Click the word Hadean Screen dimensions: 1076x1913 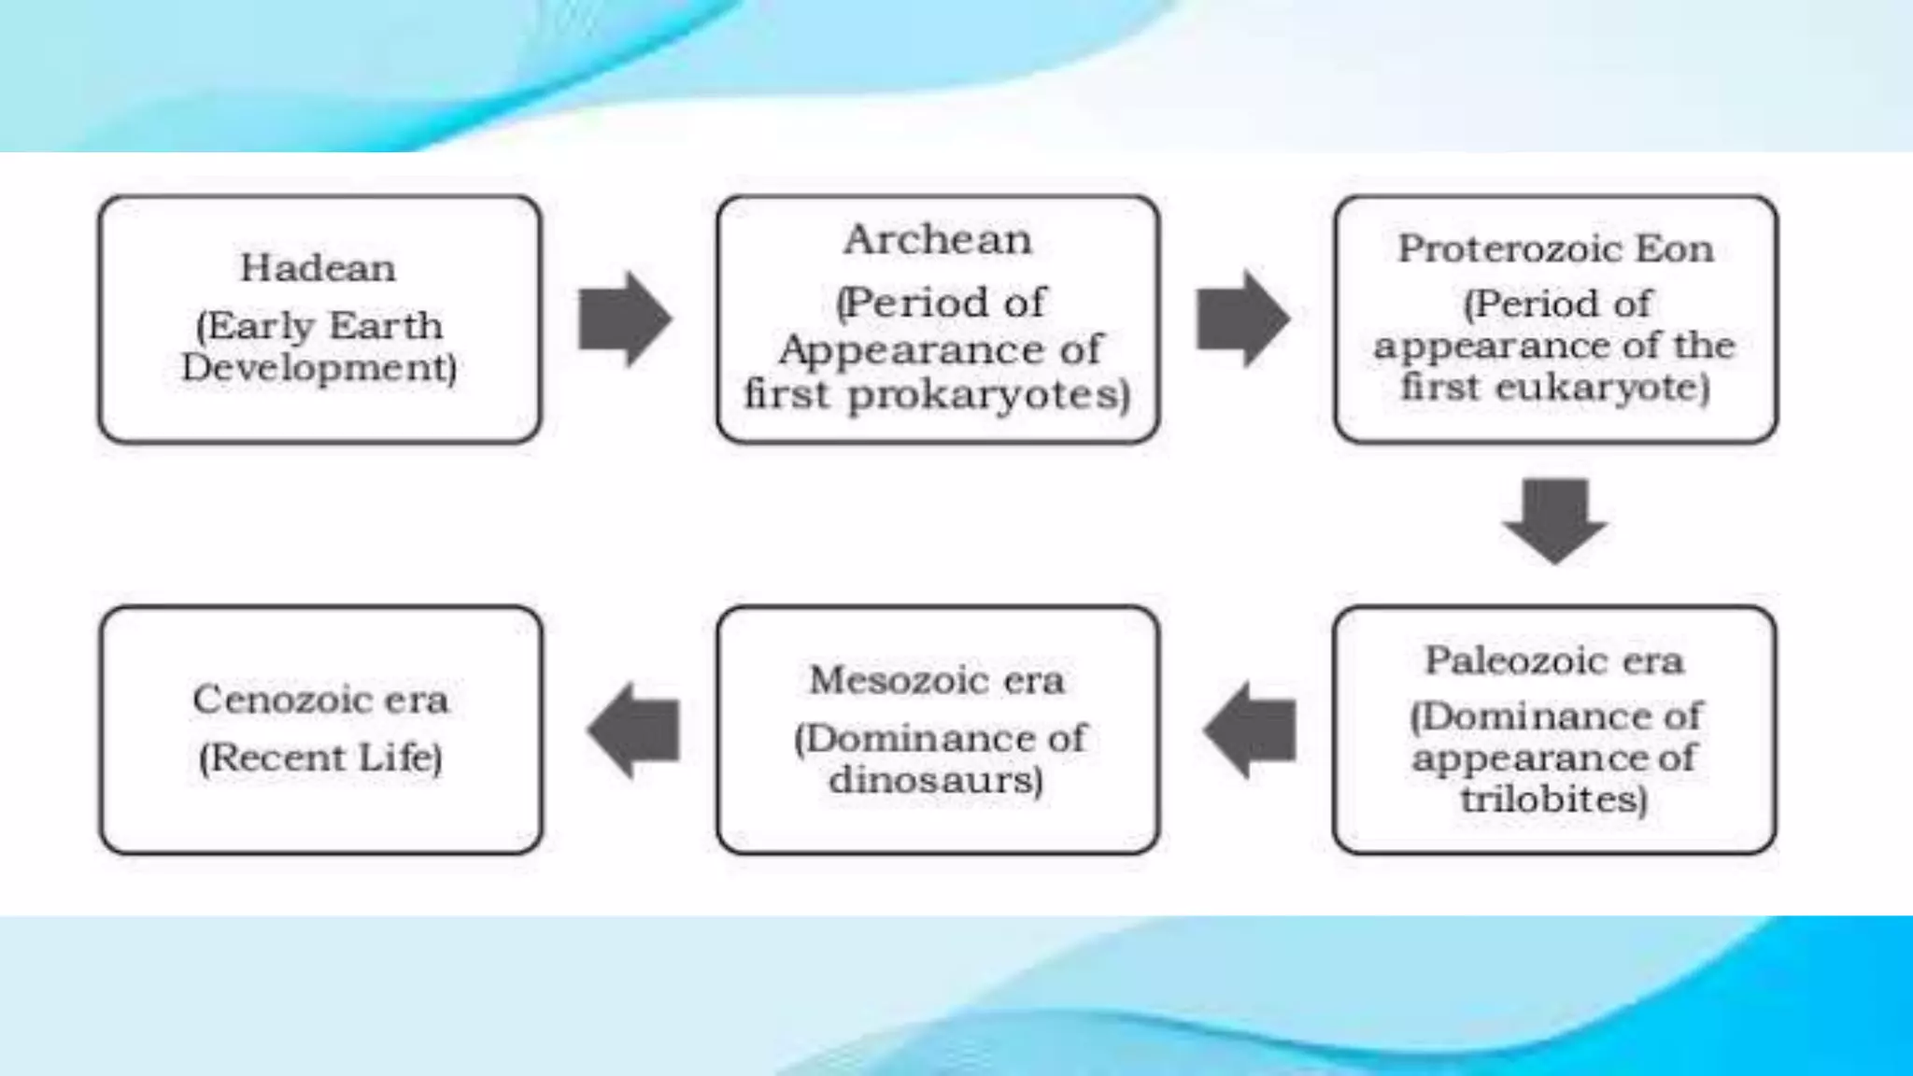[318, 268]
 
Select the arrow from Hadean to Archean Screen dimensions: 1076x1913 [624, 319]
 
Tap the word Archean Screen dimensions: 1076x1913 [937, 240]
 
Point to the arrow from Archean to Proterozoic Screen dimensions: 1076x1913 [1242, 319]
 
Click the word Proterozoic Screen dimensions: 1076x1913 [1509, 248]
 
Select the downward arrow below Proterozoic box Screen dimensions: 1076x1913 [1554, 520]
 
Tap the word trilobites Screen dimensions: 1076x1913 [1553, 800]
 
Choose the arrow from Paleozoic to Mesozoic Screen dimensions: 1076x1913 [1251, 730]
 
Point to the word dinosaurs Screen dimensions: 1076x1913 [935, 780]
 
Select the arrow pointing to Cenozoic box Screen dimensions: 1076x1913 [634, 730]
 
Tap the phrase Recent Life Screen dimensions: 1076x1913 [320, 757]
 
